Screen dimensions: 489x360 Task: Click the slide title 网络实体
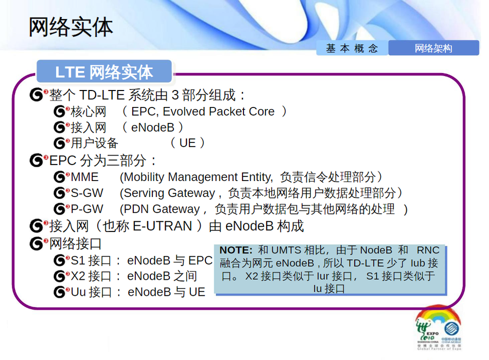point(71,28)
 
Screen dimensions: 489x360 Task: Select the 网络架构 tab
point(433,48)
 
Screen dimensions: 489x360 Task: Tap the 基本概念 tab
point(352,48)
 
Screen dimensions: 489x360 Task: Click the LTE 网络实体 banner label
point(104,72)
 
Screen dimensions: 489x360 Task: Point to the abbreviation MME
point(84,177)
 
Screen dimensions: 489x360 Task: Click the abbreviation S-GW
point(87,193)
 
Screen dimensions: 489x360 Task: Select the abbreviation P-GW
point(87,209)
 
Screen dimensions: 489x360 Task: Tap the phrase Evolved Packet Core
point(218,111)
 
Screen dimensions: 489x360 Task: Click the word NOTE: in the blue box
point(236,250)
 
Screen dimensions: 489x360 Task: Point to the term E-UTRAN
point(162,226)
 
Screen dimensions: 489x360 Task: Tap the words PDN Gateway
point(162,209)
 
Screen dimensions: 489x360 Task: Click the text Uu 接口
point(91,292)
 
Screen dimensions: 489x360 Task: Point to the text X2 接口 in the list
point(91,276)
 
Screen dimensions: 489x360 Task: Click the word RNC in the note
point(428,250)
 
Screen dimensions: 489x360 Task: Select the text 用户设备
point(94,143)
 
